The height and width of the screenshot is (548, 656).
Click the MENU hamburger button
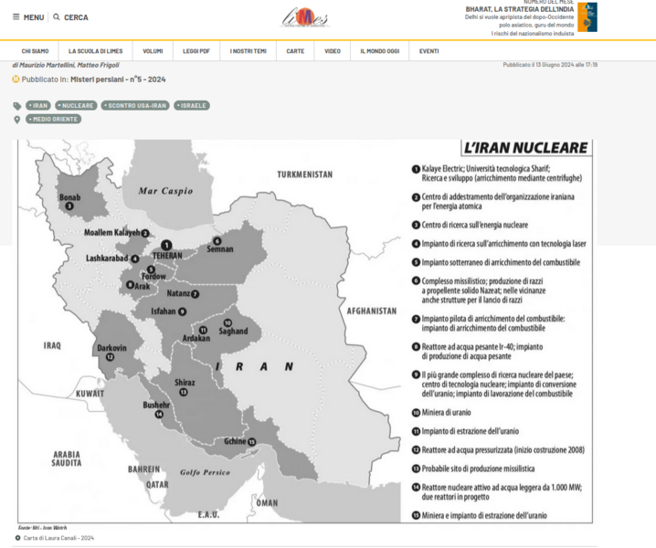28,17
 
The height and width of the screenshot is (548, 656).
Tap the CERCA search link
71,17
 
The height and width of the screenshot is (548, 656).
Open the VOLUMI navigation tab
153,51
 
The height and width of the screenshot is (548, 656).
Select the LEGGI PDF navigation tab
196,51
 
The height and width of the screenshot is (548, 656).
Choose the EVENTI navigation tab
429,51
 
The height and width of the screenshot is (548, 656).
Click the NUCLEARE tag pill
77,106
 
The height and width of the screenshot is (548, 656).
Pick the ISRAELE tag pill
192,106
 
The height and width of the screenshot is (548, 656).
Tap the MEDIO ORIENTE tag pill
54,119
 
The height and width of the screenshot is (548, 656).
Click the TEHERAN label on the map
168,256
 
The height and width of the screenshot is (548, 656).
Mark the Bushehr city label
156,404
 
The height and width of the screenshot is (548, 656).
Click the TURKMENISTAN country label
305,174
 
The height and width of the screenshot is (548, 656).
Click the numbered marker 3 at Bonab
69,206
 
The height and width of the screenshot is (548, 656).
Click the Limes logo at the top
304,18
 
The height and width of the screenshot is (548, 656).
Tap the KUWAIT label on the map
90,393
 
